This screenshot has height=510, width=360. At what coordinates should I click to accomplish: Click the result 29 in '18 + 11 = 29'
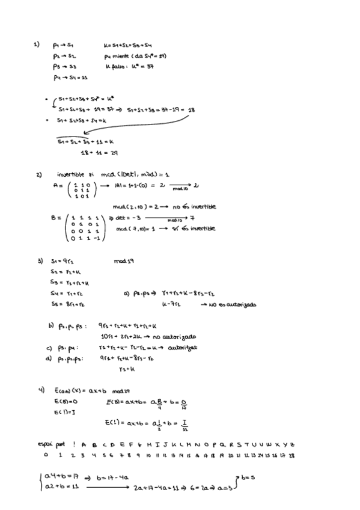pyautogui.click(x=114, y=153)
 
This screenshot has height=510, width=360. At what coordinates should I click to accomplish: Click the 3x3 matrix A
pyautogui.click(x=79, y=189)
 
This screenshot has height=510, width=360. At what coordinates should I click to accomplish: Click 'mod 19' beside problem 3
pyautogui.click(x=121, y=261)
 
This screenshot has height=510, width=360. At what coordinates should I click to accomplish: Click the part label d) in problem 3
pyautogui.click(x=49, y=358)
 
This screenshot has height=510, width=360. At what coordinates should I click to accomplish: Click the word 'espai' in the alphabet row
pyautogui.click(x=45, y=444)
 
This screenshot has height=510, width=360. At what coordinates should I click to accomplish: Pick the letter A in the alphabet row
pyautogui.click(x=83, y=444)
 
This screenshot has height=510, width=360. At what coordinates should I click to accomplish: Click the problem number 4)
pyautogui.click(x=41, y=390)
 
